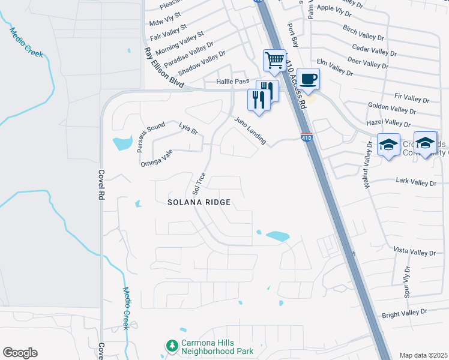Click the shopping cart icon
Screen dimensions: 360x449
tap(274, 61)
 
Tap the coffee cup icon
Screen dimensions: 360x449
tap(309, 79)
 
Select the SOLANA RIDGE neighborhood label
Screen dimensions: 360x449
tap(199, 203)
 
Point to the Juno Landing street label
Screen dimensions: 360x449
tap(250, 130)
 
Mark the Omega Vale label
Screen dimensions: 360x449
tap(157, 158)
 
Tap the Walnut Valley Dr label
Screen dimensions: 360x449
tap(367, 164)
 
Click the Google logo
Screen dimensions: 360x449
tap(20, 353)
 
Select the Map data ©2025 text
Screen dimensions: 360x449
tap(423, 355)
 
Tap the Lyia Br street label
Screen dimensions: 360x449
tap(188, 128)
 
